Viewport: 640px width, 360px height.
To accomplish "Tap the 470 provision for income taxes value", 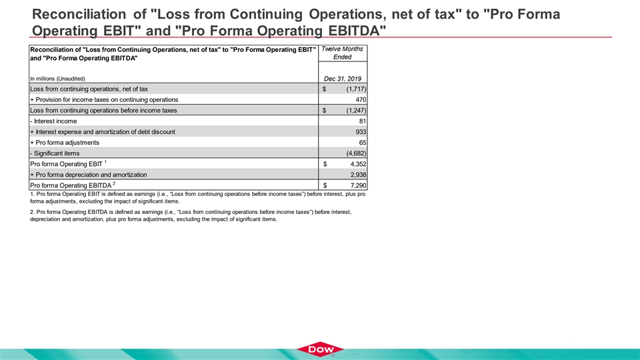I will pos(360,99).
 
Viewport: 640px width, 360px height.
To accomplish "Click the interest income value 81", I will pos(362,121).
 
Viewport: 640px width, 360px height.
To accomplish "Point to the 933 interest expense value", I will pos(360,132).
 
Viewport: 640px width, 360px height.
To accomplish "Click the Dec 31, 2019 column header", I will pos(342,79).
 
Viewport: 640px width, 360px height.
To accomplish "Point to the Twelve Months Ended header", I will pos(342,53).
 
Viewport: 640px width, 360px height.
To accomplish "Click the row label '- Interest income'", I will pos(53,121).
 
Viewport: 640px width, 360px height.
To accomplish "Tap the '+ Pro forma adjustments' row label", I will pos(65,143).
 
